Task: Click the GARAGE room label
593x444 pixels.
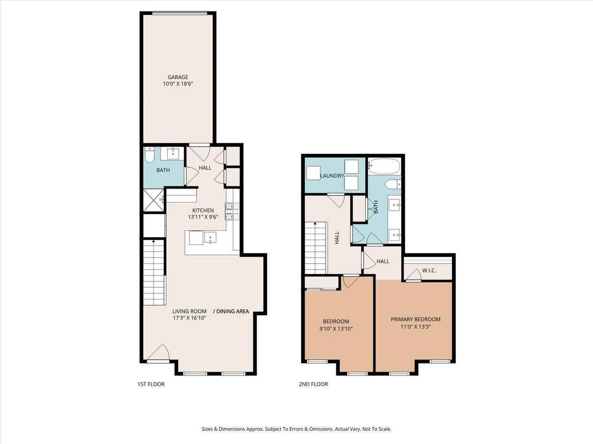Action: [177, 77]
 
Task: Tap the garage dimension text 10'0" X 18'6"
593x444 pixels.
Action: [177, 84]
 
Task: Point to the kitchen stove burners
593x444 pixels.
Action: [232, 211]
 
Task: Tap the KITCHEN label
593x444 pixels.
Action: [203, 210]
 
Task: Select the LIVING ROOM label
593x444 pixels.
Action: [189, 311]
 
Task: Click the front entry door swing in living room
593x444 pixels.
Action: [160, 352]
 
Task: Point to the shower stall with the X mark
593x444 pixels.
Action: [153, 200]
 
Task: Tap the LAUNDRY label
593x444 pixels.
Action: [332, 176]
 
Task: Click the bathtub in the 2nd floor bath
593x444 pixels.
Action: [384, 166]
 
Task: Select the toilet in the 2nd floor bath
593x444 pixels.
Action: [392, 185]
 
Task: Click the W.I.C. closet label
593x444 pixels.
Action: [429, 271]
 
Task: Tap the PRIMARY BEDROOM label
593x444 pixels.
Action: [415, 319]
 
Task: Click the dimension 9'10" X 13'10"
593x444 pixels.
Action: [336, 329]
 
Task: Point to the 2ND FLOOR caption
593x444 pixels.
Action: [314, 384]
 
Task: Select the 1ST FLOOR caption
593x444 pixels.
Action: [151, 384]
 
